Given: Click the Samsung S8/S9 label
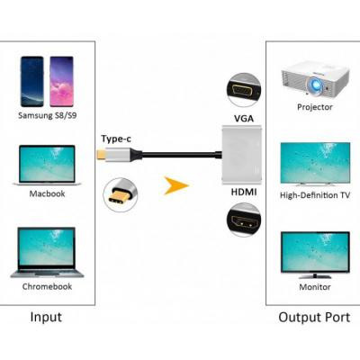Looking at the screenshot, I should click(49, 116).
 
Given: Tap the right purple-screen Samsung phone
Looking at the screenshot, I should click(62, 82).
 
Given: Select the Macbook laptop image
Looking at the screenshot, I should click(50, 166).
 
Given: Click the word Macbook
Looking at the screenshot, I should click(50, 193).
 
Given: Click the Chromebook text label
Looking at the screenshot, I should click(50, 286).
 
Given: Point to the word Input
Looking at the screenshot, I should click(46, 318).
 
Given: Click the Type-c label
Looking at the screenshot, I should click(116, 139).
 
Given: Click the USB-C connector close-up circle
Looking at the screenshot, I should click(122, 193).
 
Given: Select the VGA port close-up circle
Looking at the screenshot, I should click(244, 90).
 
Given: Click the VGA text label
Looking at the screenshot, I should click(243, 119).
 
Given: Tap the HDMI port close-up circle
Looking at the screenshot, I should click(244, 220).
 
